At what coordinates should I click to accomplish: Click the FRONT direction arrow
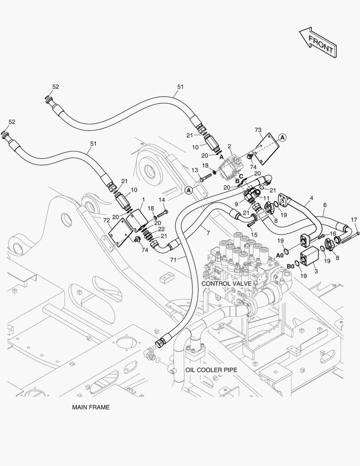coord(318,42)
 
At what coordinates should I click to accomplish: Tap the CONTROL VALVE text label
coord(226,283)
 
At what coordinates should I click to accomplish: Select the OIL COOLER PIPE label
coord(211,370)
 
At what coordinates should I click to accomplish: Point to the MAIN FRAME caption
coord(91,407)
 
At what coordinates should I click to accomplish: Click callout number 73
coord(258,130)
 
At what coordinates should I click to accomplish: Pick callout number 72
coord(106,220)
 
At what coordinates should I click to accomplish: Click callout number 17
coord(354,220)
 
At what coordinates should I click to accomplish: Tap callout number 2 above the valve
coord(229,146)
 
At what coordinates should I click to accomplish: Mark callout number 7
coord(208,233)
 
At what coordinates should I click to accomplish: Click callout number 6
coord(325,205)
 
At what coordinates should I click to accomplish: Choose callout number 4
coord(311,199)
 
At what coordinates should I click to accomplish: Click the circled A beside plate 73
coord(282,137)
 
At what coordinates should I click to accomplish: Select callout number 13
coord(195,170)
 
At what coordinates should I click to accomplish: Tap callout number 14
coord(162,200)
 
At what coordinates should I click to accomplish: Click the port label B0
coord(291,266)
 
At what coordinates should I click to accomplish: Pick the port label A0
coord(279,255)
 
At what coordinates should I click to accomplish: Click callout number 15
coord(254,234)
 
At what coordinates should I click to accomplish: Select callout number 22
coord(161,229)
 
